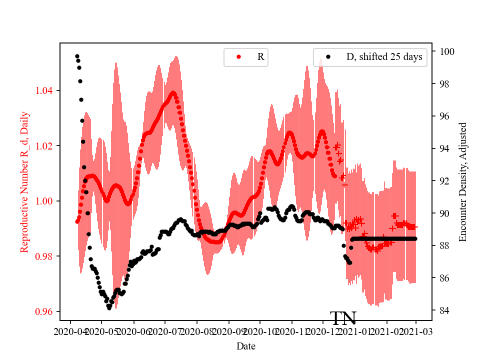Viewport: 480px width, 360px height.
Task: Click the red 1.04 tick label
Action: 46,90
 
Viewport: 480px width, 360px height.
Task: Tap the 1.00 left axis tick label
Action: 46,201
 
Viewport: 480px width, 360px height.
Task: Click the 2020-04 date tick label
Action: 70,331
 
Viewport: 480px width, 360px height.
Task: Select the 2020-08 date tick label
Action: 196,331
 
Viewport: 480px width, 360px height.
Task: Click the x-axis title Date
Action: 246,346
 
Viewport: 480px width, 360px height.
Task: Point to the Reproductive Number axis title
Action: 24,181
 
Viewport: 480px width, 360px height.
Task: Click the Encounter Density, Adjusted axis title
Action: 462,181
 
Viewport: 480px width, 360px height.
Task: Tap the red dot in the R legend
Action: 238,57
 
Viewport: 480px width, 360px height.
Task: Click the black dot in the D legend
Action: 328,57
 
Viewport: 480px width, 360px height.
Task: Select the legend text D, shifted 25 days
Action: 384,57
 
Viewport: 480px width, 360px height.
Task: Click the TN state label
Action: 343,318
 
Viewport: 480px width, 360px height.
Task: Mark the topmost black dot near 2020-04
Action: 77,56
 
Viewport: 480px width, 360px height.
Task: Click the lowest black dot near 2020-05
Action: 109,308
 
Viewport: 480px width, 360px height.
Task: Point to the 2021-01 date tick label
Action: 353,331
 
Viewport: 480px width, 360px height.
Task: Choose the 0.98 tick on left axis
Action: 46,256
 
